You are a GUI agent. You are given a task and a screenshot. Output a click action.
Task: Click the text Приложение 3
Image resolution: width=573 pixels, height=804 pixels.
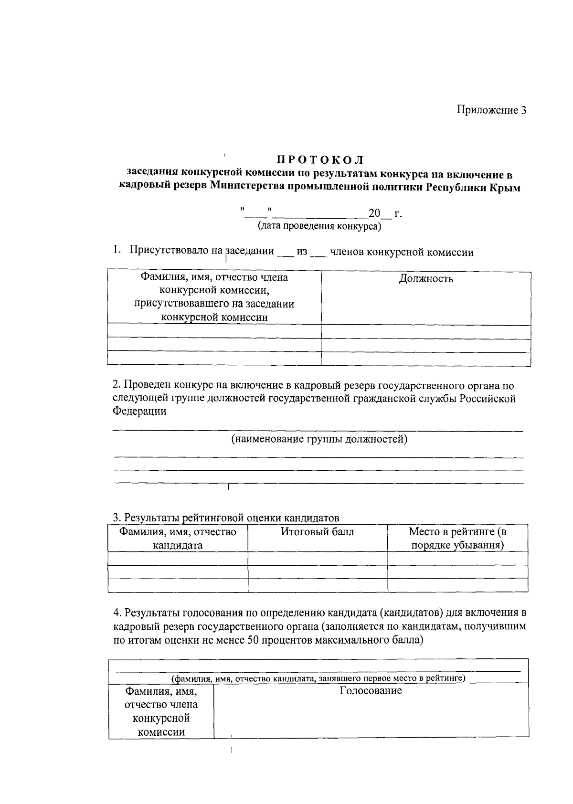pos(491,110)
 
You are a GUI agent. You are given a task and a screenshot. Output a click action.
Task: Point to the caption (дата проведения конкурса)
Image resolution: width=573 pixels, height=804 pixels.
pos(319,226)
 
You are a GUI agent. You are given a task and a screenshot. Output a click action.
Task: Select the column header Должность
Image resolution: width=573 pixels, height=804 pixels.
pos(426,279)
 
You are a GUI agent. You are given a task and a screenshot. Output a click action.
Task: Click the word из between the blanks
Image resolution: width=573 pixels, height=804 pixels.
pos(302,252)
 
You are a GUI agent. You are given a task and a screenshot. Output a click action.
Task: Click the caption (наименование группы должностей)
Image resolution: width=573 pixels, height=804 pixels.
pos(319,439)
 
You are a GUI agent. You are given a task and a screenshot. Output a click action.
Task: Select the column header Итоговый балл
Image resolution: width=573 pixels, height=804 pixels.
pos(317,531)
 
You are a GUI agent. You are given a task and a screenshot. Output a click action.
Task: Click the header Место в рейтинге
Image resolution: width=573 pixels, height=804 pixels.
pos(457,531)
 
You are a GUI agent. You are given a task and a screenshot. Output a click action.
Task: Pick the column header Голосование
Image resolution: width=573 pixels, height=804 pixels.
pos(371,690)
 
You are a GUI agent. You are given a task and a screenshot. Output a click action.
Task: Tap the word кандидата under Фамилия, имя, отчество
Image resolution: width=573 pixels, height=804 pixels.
pos(178,545)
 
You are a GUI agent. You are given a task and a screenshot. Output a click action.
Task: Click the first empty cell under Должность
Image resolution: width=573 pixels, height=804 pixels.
pos(426,331)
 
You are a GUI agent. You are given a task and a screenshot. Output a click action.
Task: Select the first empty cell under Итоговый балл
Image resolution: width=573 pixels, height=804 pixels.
pos(317,558)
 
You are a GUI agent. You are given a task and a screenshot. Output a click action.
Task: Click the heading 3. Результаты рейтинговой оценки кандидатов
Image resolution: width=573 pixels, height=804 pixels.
pos(226,518)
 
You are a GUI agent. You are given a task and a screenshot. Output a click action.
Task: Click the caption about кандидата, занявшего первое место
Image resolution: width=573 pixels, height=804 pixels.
pos(318,678)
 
